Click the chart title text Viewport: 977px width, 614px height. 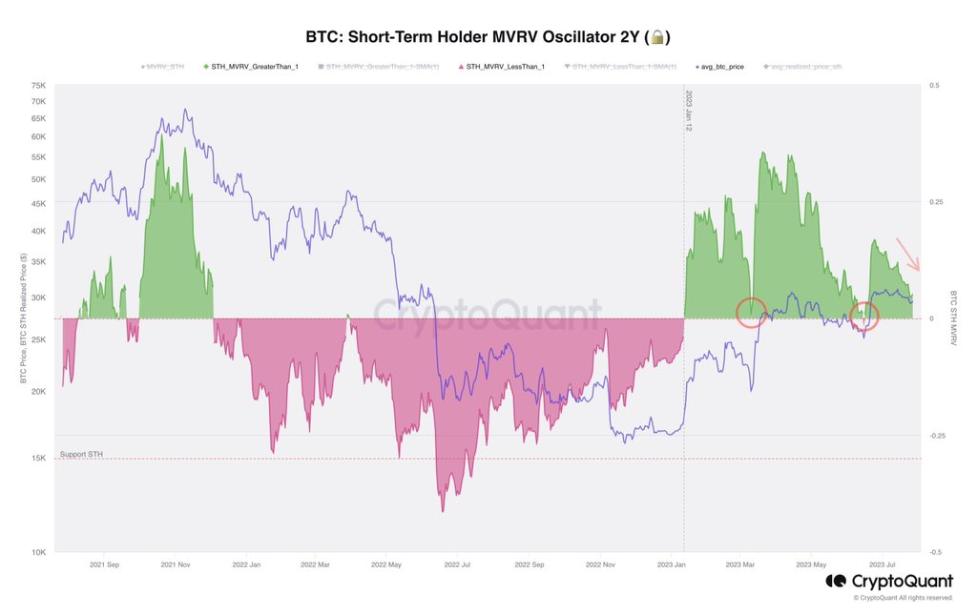pos(473,37)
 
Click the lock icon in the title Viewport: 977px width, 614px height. pos(658,37)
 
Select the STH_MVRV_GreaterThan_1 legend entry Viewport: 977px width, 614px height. pos(251,67)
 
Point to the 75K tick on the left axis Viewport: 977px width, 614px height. pos(39,85)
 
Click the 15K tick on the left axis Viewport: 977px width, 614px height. pos(39,459)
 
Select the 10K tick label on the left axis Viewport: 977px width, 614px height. pos(39,552)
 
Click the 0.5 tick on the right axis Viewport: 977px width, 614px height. pos(934,85)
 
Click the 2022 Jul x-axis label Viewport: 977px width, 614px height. pos(457,564)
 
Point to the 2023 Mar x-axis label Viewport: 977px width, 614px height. pos(740,564)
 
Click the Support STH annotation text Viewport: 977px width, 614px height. pos(81,454)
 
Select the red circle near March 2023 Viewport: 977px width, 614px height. pos(752,312)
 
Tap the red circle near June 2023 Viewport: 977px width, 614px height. pos(864,316)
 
